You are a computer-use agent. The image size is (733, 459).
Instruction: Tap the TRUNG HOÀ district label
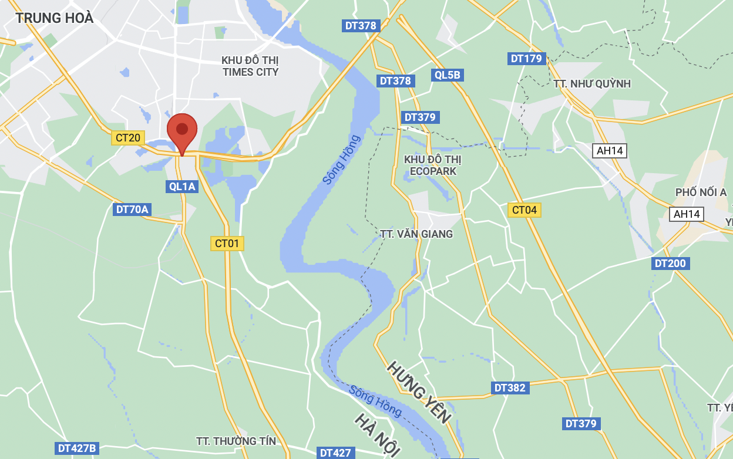tap(55, 18)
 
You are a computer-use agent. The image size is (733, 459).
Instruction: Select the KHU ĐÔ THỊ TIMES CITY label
tap(250, 66)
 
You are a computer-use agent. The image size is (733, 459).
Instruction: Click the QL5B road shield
tap(448, 75)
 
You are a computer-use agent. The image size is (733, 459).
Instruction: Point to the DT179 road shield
tap(526, 58)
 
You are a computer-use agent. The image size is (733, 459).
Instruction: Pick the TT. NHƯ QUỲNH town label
tap(592, 83)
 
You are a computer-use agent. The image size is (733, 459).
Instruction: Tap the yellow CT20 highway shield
tap(128, 138)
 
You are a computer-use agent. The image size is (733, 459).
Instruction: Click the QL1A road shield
tap(181, 186)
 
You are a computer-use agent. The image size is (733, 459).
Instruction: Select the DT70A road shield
tap(132, 209)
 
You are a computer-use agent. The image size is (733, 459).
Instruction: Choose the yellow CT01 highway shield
tap(227, 243)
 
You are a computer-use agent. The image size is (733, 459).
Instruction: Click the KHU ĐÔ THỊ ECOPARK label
tap(433, 165)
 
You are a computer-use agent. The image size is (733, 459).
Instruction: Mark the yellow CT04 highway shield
tap(524, 210)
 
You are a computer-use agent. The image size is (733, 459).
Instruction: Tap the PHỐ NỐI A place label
tap(701, 193)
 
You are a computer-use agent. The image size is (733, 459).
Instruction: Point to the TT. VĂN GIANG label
tap(416, 234)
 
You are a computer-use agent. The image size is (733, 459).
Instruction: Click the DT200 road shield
tap(670, 263)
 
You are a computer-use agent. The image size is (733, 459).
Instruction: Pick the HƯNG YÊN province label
tap(418, 392)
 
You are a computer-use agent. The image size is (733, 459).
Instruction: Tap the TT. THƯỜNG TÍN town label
tap(236, 441)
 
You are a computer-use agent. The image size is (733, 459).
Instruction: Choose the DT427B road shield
tap(77, 448)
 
